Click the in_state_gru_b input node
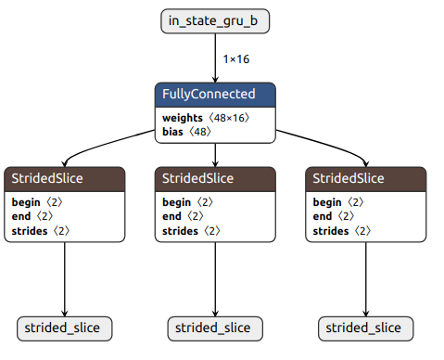point(215,21)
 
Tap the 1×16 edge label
point(235,59)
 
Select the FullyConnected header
point(215,95)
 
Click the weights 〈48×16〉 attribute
point(206,118)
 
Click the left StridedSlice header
point(64,178)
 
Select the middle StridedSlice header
point(215,178)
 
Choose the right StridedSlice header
point(365,178)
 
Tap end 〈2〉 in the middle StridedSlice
point(183,215)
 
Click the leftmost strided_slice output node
point(64,328)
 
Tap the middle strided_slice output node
point(215,328)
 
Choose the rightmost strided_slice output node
point(365,328)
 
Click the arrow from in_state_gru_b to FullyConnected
point(215,58)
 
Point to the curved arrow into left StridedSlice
point(102,139)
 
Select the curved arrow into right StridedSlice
point(329,139)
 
